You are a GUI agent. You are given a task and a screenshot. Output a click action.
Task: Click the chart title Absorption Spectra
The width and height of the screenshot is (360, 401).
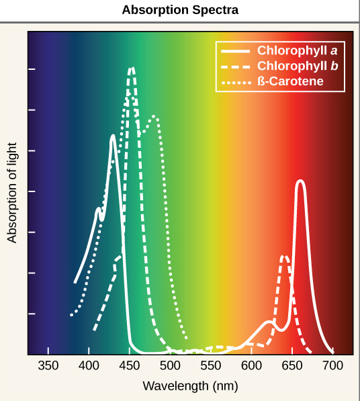pos(180,11)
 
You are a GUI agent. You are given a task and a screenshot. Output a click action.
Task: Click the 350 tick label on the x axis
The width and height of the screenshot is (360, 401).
pos(48,366)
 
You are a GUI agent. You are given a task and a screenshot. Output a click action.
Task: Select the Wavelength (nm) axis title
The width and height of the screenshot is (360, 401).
pos(190,386)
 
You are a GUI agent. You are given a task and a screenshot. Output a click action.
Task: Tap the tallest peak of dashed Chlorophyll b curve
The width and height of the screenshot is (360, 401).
pos(132,68)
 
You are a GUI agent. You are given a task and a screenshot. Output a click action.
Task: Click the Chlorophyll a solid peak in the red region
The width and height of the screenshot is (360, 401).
pos(300,181)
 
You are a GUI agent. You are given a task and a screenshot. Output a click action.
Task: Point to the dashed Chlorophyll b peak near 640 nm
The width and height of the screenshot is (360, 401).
pos(285,256)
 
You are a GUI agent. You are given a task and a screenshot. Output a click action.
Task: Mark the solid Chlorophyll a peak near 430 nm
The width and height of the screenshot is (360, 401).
pos(113,136)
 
